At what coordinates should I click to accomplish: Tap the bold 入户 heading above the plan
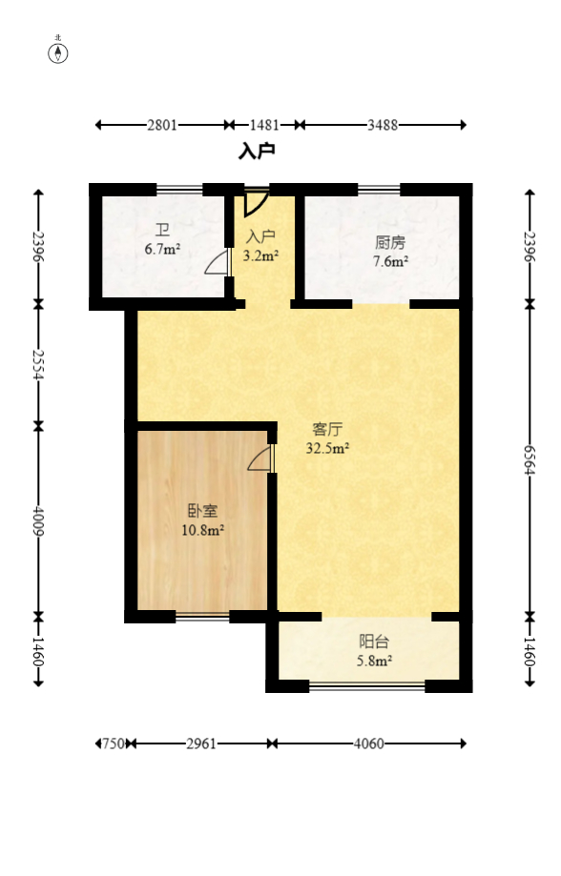[257, 151]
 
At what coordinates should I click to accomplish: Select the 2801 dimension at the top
[161, 125]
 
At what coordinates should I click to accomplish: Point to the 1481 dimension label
[263, 125]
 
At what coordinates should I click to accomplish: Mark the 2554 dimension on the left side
[38, 363]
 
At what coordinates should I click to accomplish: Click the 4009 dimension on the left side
[38, 519]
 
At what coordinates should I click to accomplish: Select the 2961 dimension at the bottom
[201, 744]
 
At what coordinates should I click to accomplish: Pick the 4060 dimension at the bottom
[367, 744]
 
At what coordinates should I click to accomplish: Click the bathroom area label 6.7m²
[162, 250]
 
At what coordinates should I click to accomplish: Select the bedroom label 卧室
[203, 511]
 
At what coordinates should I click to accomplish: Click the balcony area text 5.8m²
[374, 660]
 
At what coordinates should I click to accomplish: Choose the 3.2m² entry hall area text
[260, 255]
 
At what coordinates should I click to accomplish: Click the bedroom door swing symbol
[260, 459]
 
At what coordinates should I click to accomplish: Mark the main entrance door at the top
[255, 203]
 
